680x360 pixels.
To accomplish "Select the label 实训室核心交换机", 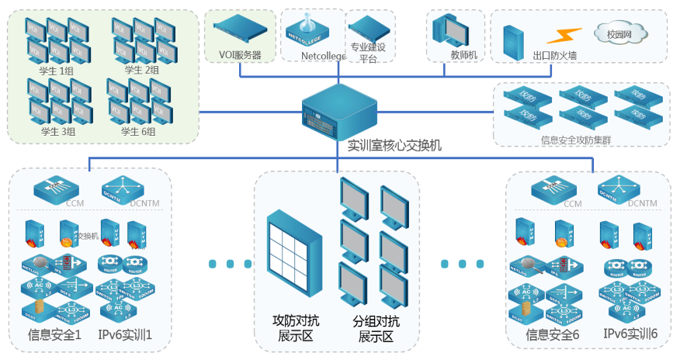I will (x=394, y=144).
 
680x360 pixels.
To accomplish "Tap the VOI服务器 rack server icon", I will (x=241, y=33).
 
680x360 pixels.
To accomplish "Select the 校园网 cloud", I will (x=620, y=34).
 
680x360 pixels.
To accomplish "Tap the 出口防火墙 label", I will (x=554, y=56).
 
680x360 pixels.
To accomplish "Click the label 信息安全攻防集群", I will (x=582, y=140).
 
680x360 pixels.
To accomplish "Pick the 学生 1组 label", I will (x=55, y=71).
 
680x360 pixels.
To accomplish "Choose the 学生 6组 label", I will (x=138, y=131).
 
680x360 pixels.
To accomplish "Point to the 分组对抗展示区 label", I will (x=376, y=329).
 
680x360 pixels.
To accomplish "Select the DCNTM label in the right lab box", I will (x=643, y=204).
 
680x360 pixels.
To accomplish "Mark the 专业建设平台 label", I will (x=368, y=52).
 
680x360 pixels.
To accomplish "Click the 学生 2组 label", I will (x=142, y=71).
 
